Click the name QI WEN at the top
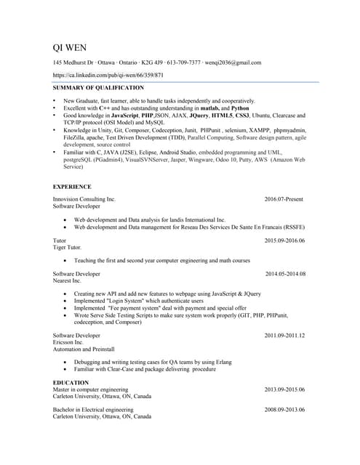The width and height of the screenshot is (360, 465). point(70,48)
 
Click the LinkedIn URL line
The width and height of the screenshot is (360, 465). point(108,75)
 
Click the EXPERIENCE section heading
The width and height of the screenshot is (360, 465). point(72,187)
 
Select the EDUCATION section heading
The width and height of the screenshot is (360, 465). point(71,382)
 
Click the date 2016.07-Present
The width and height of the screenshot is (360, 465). point(284,199)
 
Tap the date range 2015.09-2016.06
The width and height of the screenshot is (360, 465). point(284,240)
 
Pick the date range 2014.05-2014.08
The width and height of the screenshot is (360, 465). point(285,274)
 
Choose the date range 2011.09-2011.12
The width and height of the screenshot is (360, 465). point(284,336)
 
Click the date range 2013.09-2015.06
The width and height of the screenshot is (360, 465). point(284,389)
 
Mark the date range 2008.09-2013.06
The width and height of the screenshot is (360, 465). point(284,410)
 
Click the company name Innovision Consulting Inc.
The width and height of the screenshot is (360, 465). point(84,199)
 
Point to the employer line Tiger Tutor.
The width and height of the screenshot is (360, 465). point(68,247)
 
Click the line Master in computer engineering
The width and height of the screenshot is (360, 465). point(90,389)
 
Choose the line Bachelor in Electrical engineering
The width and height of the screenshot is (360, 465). point(93,410)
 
